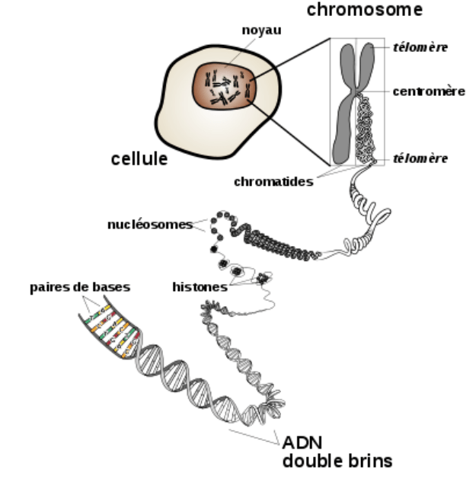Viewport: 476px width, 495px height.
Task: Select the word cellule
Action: point(139,159)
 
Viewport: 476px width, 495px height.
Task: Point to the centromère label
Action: point(430,91)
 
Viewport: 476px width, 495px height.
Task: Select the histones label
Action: point(200,287)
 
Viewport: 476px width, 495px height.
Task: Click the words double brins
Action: point(337,461)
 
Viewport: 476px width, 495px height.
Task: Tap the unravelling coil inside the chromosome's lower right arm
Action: point(368,129)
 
